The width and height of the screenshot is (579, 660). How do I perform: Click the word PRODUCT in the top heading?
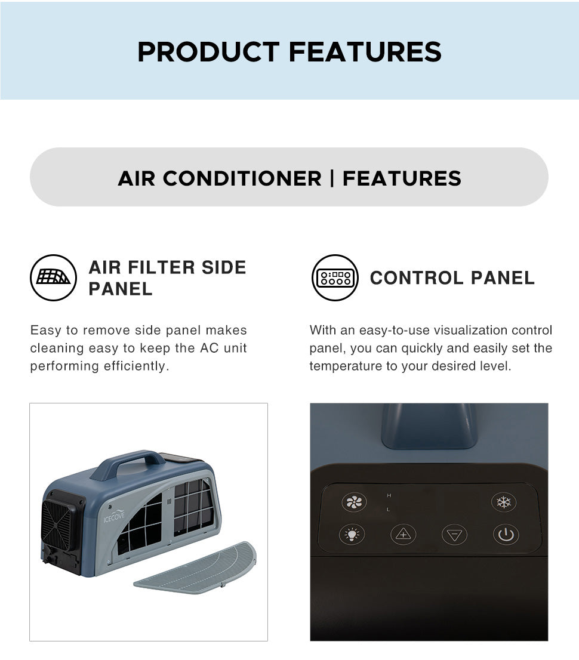pos(208,52)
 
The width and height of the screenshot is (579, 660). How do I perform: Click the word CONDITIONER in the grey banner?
pos(242,178)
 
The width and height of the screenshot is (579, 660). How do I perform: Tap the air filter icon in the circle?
pos(54,277)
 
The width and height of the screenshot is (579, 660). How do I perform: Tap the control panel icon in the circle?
pos(335,277)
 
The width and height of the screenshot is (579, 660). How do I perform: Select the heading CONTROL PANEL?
pos(452,278)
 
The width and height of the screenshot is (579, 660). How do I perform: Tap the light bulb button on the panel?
pos(352,535)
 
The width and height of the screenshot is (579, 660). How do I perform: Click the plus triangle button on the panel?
pos(404,535)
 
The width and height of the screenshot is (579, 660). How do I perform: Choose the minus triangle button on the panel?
pos(454,535)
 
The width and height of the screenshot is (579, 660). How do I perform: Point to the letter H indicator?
pos(389,495)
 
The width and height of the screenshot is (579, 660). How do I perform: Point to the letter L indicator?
pos(388,509)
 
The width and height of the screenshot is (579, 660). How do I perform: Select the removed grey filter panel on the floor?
pos(195,567)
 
